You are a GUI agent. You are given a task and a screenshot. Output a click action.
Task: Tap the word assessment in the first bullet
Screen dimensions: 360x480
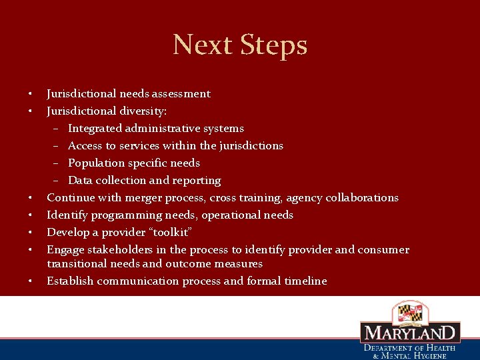pyautogui.click(x=177, y=94)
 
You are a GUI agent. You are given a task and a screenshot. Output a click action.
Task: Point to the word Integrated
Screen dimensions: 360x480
pyautogui.click(x=96, y=129)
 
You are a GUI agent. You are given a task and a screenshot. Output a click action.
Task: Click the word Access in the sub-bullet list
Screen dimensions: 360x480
pyautogui.click(x=85, y=146)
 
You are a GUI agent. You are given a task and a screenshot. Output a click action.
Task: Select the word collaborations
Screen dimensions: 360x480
pyautogui.click(x=360, y=198)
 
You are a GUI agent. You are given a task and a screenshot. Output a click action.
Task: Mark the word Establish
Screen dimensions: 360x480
pyautogui.click(x=70, y=281)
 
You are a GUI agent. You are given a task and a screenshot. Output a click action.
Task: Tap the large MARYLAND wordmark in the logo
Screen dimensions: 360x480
pyautogui.click(x=410, y=333)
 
